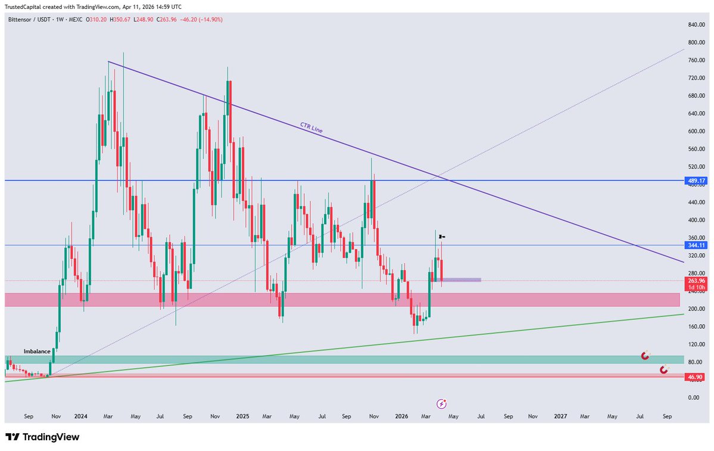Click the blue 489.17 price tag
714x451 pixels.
pos(697,181)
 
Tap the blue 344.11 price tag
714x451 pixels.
pos(697,245)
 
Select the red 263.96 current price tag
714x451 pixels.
pos(697,281)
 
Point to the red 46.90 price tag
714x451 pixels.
pos(696,377)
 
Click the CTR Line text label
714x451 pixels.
pos(311,127)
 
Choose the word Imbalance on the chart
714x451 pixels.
pos(37,352)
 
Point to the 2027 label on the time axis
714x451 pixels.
pos(560,416)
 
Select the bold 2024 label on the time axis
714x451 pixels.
pos(81,416)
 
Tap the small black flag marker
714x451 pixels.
pos(442,237)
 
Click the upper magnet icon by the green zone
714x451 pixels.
pos(645,356)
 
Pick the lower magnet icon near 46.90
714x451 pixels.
pos(664,370)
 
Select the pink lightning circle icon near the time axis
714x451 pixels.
pos(441,403)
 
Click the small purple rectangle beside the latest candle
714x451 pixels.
pos(461,279)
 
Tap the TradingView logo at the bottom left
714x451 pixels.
pos(42,437)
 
